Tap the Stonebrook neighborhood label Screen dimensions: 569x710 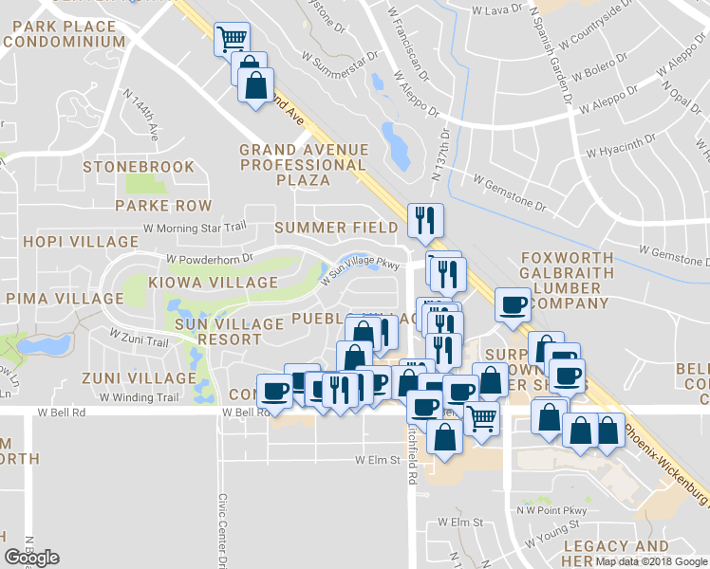pyautogui.click(x=139, y=167)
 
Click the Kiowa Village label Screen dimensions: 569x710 pyautogui.click(x=213, y=283)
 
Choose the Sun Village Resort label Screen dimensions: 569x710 pyautogui.click(x=216, y=331)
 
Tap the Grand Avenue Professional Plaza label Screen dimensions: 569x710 pyautogui.click(x=303, y=164)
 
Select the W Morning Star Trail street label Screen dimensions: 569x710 pyautogui.click(x=195, y=228)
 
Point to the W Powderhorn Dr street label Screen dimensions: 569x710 pyautogui.click(x=209, y=257)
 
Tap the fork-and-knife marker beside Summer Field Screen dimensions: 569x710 pyautogui.click(x=424, y=220)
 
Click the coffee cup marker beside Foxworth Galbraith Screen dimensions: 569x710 pyautogui.click(x=514, y=305)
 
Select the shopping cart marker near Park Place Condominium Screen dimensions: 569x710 pyautogui.click(x=232, y=39)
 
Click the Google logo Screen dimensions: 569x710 pyautogui.click(x=31, y=558)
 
